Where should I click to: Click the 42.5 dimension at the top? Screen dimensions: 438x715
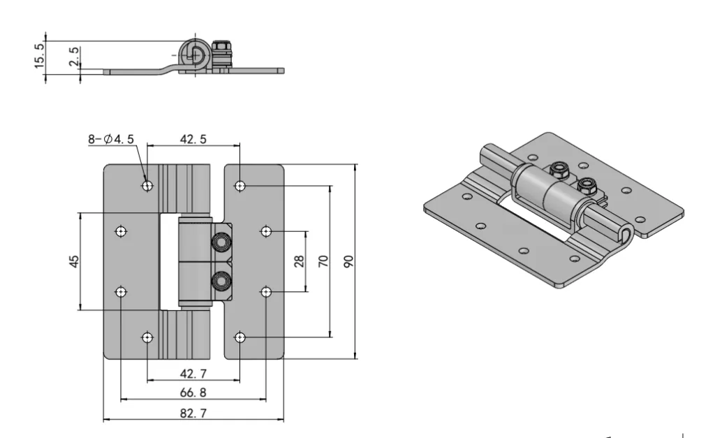193,139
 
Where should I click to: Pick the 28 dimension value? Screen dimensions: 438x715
300,261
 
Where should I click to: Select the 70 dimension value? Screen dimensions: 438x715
323,261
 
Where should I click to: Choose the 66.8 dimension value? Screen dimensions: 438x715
193,393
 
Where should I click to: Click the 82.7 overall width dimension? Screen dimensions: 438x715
193,414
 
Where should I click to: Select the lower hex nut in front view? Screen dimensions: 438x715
221,282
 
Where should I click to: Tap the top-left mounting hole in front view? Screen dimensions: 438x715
147,186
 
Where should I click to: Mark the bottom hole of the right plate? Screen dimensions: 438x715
240,338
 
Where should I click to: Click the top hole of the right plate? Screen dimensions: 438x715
240,186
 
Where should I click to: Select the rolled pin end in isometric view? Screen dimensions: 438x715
626,236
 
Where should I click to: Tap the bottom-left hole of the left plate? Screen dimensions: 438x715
147,338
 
